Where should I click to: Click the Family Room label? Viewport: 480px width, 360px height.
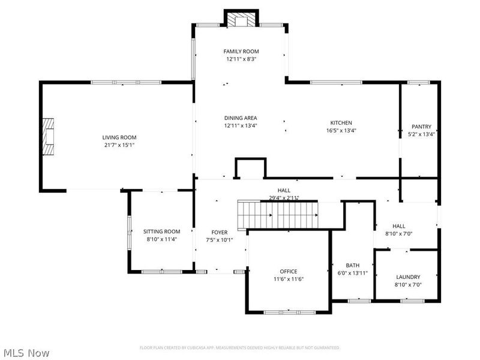tap(241, 52)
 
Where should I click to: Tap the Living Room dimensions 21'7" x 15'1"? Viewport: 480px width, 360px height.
tap(119, 145)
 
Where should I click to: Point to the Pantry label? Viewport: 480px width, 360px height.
tap(421, 127)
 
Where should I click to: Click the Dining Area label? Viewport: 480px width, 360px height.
tap(241, 118)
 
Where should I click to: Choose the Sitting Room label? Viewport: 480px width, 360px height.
tap(161, 231)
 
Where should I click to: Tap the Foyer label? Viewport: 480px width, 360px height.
tap(220, 232)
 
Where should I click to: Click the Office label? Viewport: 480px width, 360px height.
tap(289, 271)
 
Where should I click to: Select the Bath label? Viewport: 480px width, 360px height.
tap(352, 265)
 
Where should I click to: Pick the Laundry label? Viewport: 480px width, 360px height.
tap(408, 277)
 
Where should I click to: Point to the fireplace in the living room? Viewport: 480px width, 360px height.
tap(47, 136)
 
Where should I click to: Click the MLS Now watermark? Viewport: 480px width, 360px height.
tap(26, 353)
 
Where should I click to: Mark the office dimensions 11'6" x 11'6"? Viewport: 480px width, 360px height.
tap(289, 278)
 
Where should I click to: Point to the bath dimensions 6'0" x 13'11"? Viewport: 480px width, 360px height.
tap(352, 273)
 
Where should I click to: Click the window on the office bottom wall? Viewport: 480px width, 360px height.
tap(289, 312)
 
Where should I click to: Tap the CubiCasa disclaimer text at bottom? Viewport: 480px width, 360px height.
tap(239, 347)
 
